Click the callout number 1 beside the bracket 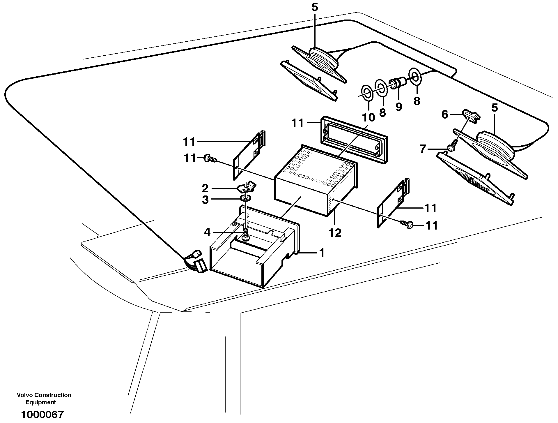[x=322, y=253]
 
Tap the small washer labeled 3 [x=246, y=199]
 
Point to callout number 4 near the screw [x=207, y=232]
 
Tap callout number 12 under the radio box [x=335, y=233]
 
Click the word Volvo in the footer [x=25, y=395]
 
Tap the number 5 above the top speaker [x=315, y=8]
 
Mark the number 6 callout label [x=445, y=115]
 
